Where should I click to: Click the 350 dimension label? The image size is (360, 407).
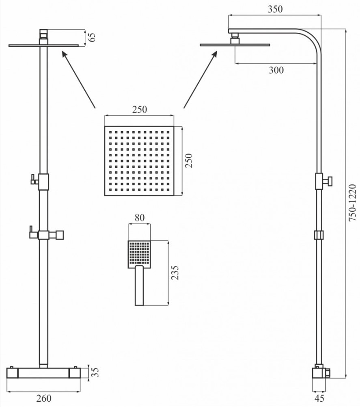(275, 9)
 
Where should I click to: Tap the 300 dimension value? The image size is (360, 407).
(276, 70)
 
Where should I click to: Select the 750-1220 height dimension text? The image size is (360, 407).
(352, 203)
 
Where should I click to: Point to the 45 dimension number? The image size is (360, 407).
(319, 398)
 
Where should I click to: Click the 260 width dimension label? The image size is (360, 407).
(43, 398)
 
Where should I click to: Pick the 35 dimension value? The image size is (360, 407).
(95, 372)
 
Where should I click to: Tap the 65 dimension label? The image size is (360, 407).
(92, 37)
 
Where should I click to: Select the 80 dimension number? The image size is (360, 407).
(140, 218)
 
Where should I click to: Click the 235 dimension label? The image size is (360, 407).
(175, 273)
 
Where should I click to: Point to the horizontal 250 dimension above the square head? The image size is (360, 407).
(140, 110)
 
